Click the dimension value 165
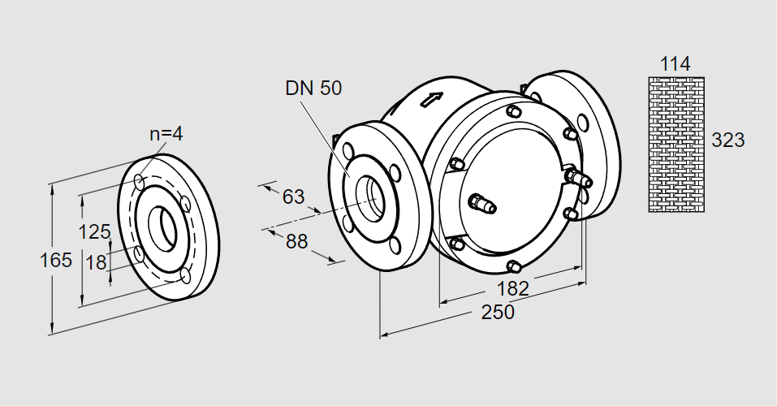coord(56,261)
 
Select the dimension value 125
coord(94,232)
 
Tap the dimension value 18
coord(96,262)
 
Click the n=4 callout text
coord(166,135)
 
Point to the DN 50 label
coord(313,89)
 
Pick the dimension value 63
coord(293,197)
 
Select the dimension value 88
coord(297,241)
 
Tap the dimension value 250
coord(498,312)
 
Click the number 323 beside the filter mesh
coord(727,140)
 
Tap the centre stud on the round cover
coord(482,204)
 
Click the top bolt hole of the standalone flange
coord(140,179)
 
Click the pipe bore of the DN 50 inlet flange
coord(373,196)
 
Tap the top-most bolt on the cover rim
coord(513,110)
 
